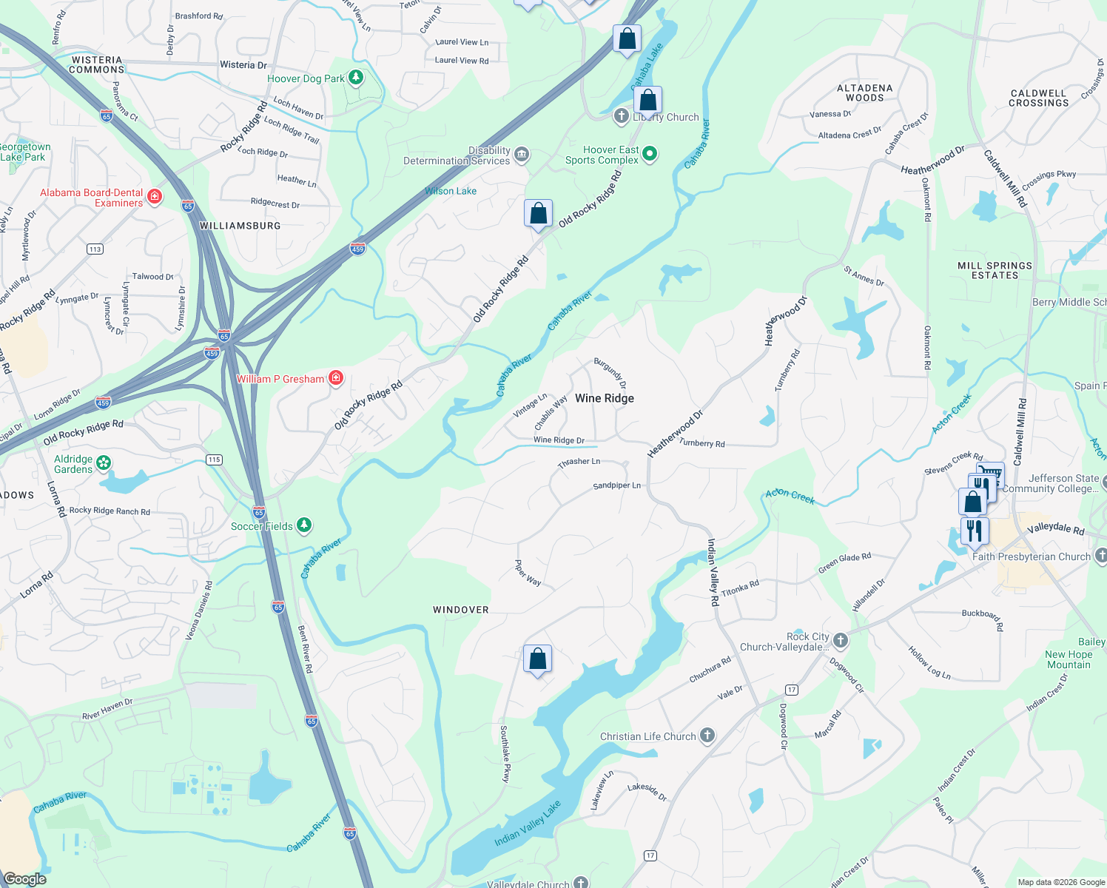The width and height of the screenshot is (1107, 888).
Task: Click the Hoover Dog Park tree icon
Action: point(356,78)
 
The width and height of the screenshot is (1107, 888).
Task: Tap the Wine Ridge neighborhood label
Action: point(604,398)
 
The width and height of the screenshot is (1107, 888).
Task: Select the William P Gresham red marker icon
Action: point(336,378)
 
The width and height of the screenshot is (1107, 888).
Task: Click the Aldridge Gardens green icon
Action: point(104,463)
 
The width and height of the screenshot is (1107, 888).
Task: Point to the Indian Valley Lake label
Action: point(528,823)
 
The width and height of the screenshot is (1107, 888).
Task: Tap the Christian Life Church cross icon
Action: point(707,736)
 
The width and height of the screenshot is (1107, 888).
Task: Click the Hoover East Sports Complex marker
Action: point(650,154)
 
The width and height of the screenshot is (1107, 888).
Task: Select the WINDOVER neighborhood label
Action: point(460,610)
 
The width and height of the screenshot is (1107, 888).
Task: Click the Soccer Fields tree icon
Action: point(303,525)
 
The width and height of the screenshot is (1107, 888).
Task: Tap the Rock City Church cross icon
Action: point(841,640)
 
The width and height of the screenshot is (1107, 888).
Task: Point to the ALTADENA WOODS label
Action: point(864,92)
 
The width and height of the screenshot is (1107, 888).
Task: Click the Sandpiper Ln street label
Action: point(616,485)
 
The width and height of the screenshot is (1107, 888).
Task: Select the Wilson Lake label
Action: point(451,191)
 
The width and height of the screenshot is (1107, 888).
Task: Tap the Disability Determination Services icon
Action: point(522,154)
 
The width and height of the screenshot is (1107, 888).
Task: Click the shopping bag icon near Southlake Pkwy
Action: point(538,658)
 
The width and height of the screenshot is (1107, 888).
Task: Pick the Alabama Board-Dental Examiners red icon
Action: point(155,196)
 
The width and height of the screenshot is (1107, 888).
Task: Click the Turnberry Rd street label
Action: point(701,443)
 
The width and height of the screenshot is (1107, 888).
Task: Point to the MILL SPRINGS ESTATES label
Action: point(995,270)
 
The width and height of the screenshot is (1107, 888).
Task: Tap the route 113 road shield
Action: point(95,249)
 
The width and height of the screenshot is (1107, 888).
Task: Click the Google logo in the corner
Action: point(24,878)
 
